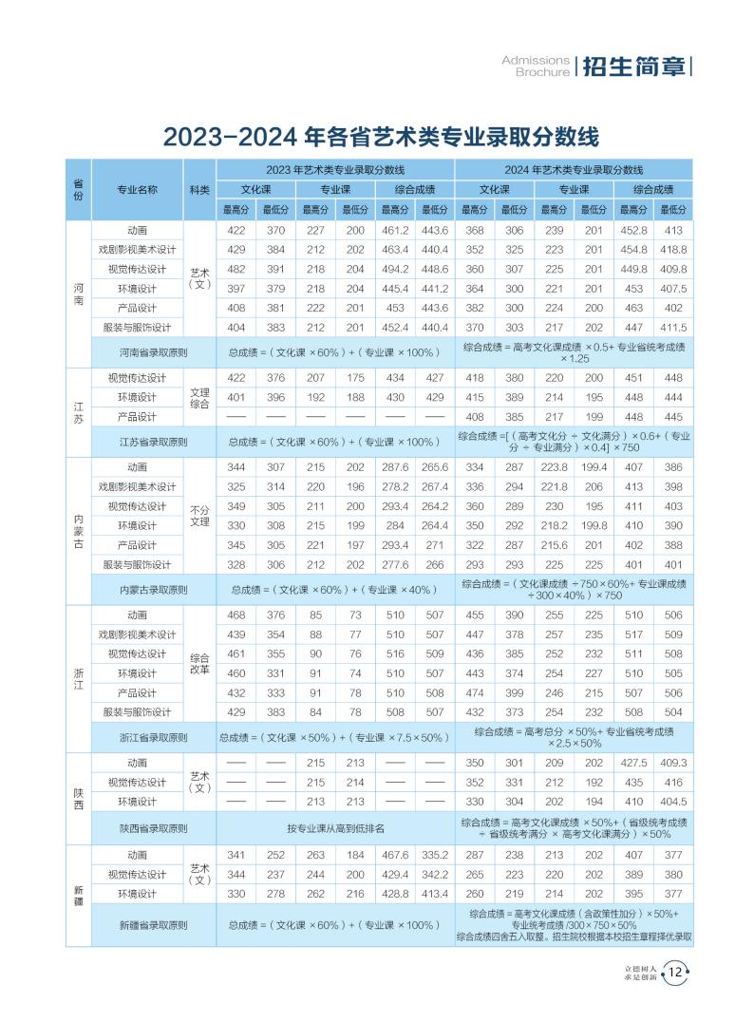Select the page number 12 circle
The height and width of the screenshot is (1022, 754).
point(675,971)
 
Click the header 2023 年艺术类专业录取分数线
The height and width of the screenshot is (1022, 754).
point(335,169)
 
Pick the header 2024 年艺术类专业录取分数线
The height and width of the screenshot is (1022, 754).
point(574,169)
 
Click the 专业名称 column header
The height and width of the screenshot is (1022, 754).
point(137,189)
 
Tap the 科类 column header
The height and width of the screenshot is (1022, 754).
point(199,189)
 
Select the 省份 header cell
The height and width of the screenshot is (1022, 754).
point(78,189)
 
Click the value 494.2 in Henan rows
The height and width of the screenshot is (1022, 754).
point(395,269)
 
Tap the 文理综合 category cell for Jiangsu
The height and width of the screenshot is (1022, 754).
point(199,398)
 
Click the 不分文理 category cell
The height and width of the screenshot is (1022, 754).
point(199,516)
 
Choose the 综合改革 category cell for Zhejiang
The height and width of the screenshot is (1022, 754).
point(199,664)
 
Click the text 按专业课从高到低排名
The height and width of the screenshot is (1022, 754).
point(335,828)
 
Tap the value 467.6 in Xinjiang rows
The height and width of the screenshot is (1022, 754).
point(395,855)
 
